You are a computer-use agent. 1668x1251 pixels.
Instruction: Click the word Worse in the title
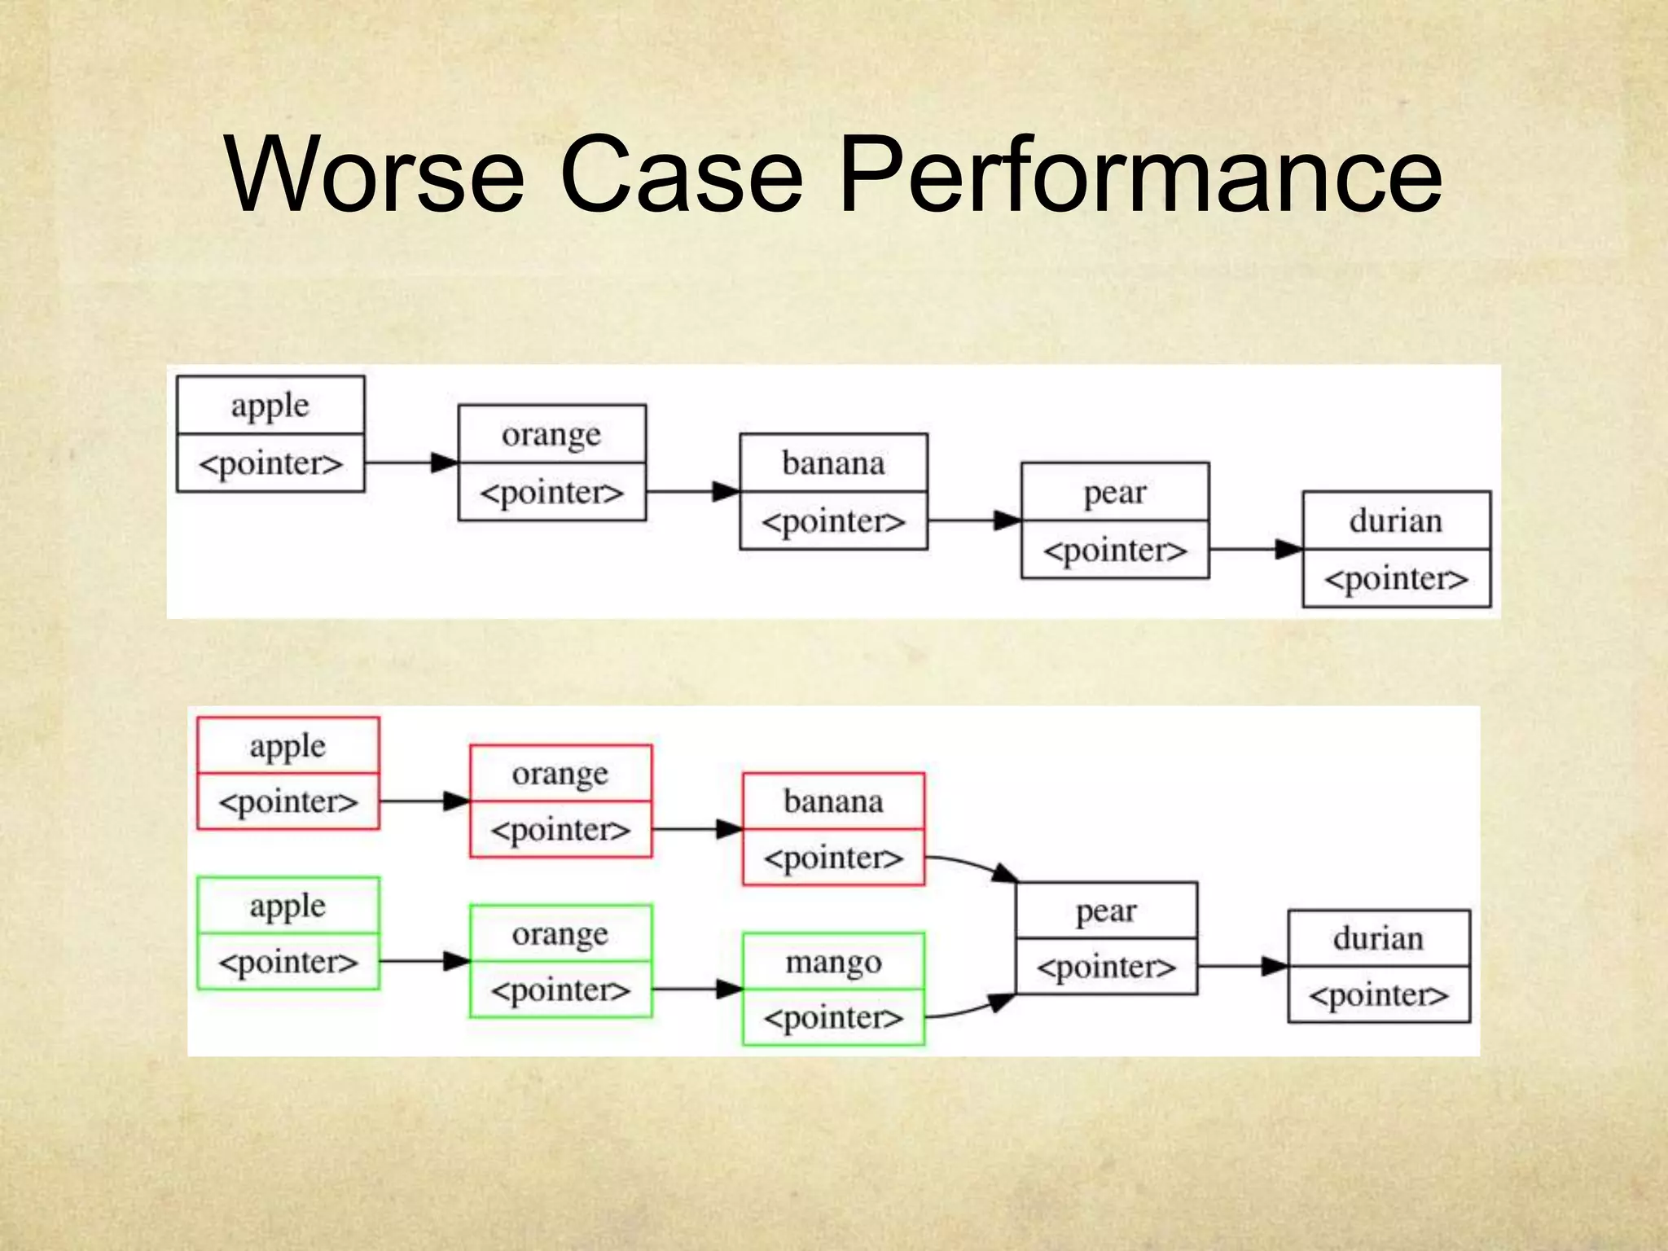pos(375,175)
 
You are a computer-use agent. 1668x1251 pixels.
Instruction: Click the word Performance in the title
pos(1140,175)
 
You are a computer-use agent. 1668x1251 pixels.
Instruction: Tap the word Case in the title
pos(682,175)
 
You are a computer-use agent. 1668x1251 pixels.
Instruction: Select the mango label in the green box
pos(833,963)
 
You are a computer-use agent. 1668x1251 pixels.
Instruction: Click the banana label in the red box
pos(833,801)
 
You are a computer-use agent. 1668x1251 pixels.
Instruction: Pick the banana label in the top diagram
pos(833,463)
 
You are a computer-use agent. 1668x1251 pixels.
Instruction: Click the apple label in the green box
pos(288,906)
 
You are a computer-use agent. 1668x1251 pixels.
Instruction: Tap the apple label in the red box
pos(288,747)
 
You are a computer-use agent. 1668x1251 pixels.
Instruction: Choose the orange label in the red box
pos(560,775)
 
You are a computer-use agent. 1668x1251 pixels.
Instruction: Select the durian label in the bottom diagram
pos(1378,939)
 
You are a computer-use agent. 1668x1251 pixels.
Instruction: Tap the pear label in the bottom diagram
pos(1106,911)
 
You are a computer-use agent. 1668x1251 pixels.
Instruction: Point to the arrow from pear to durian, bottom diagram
pos(1242,967)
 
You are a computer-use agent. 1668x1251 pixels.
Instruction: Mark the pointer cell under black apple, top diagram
pos(270,463)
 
